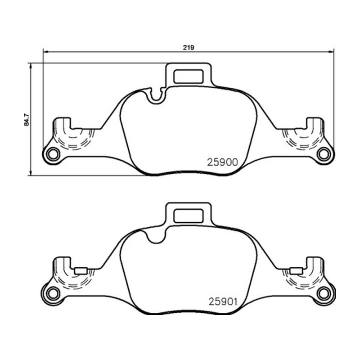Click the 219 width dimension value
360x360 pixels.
(188, 48)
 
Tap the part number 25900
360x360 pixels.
(222, 162)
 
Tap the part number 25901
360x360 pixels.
(223, 301)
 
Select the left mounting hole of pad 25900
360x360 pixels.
(53, 154)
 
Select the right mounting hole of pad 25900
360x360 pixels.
(324, 154)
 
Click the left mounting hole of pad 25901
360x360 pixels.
(53, 293)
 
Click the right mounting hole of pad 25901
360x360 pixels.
(324, 293)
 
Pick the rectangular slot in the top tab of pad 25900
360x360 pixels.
(189, 76)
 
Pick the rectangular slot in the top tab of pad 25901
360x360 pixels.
(189, 216)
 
